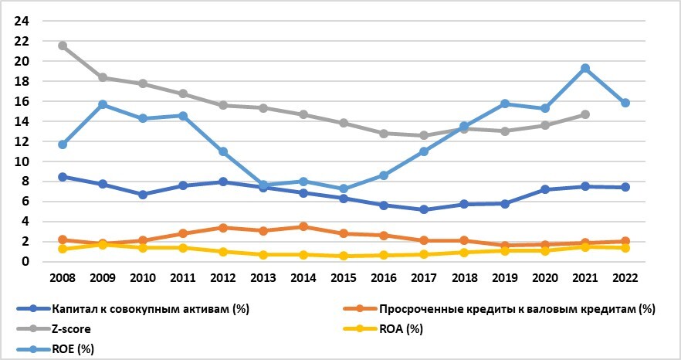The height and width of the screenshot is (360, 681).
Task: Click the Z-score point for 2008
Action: point(63,46)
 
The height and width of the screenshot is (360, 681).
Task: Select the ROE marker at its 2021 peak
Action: point(585,68)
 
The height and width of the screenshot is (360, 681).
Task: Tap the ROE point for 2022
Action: point(625,103)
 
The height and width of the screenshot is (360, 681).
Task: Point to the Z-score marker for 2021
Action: point(585,114)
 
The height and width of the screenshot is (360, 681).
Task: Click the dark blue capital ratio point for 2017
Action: point(424,209)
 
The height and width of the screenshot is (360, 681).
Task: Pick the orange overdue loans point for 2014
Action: point(303,226)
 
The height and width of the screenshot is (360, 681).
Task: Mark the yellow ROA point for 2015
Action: point(344,256)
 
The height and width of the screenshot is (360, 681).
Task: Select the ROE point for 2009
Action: point(103,104)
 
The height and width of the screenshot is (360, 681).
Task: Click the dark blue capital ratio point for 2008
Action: point(63,177)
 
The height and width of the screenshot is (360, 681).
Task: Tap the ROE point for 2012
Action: point(223,151)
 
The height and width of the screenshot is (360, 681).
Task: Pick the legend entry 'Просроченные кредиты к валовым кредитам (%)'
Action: point(510,308)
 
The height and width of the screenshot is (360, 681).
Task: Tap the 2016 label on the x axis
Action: point(384,277)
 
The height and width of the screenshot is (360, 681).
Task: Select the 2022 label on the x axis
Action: point(625,277)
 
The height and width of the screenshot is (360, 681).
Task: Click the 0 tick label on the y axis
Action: point(25,262)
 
